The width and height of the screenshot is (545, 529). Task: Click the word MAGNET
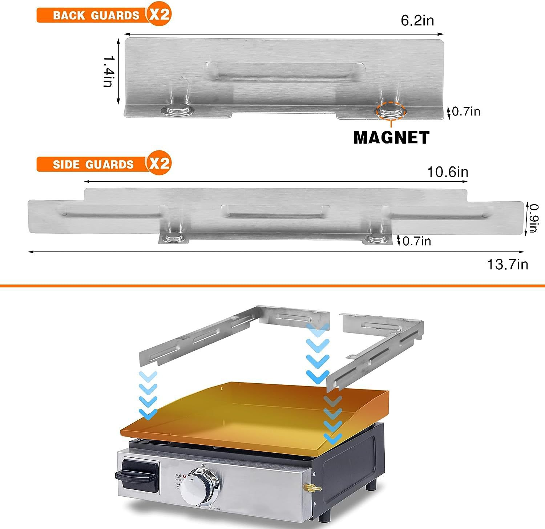click(391, 137)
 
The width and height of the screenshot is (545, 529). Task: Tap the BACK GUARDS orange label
click(96, 15)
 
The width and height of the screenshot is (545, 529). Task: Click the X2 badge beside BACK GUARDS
click(159, 15)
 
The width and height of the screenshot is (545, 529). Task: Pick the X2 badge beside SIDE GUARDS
click(159, 163)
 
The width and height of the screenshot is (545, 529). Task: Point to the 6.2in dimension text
click(417, 21)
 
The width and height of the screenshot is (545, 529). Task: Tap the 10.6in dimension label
click(447, 172)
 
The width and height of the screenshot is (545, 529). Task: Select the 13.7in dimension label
click(507, 264)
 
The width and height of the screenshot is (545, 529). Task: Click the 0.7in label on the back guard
click(466, 112)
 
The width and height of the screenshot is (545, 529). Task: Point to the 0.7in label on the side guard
click(416, 241)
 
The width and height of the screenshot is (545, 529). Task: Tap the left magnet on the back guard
click(178, 110)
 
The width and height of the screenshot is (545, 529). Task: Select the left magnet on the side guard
click(173, 238)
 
